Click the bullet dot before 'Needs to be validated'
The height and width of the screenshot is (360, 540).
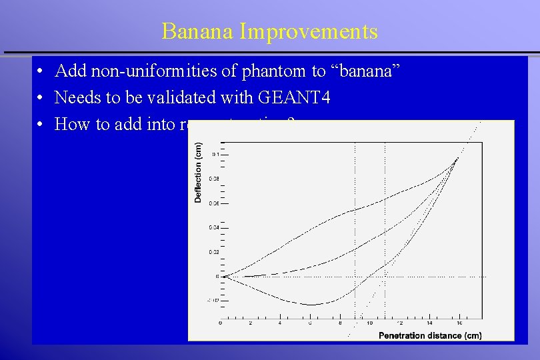[x=41, y=98]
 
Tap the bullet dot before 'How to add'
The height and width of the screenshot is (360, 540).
[x=41, y=125]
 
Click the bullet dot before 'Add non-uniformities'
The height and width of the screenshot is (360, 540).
[x=41, y=71]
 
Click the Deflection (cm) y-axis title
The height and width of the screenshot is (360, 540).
[x=198, y=173]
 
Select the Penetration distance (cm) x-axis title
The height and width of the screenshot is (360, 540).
[x=429, y=335]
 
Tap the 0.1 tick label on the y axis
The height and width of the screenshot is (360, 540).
[x=215, y=154]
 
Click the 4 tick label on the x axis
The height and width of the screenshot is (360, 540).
[x=280, y=323]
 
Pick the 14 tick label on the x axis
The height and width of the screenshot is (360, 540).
[x=429, y=323]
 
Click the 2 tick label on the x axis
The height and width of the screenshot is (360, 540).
[x=250, y=323]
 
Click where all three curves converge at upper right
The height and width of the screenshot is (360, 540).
[x=457, y=158]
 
